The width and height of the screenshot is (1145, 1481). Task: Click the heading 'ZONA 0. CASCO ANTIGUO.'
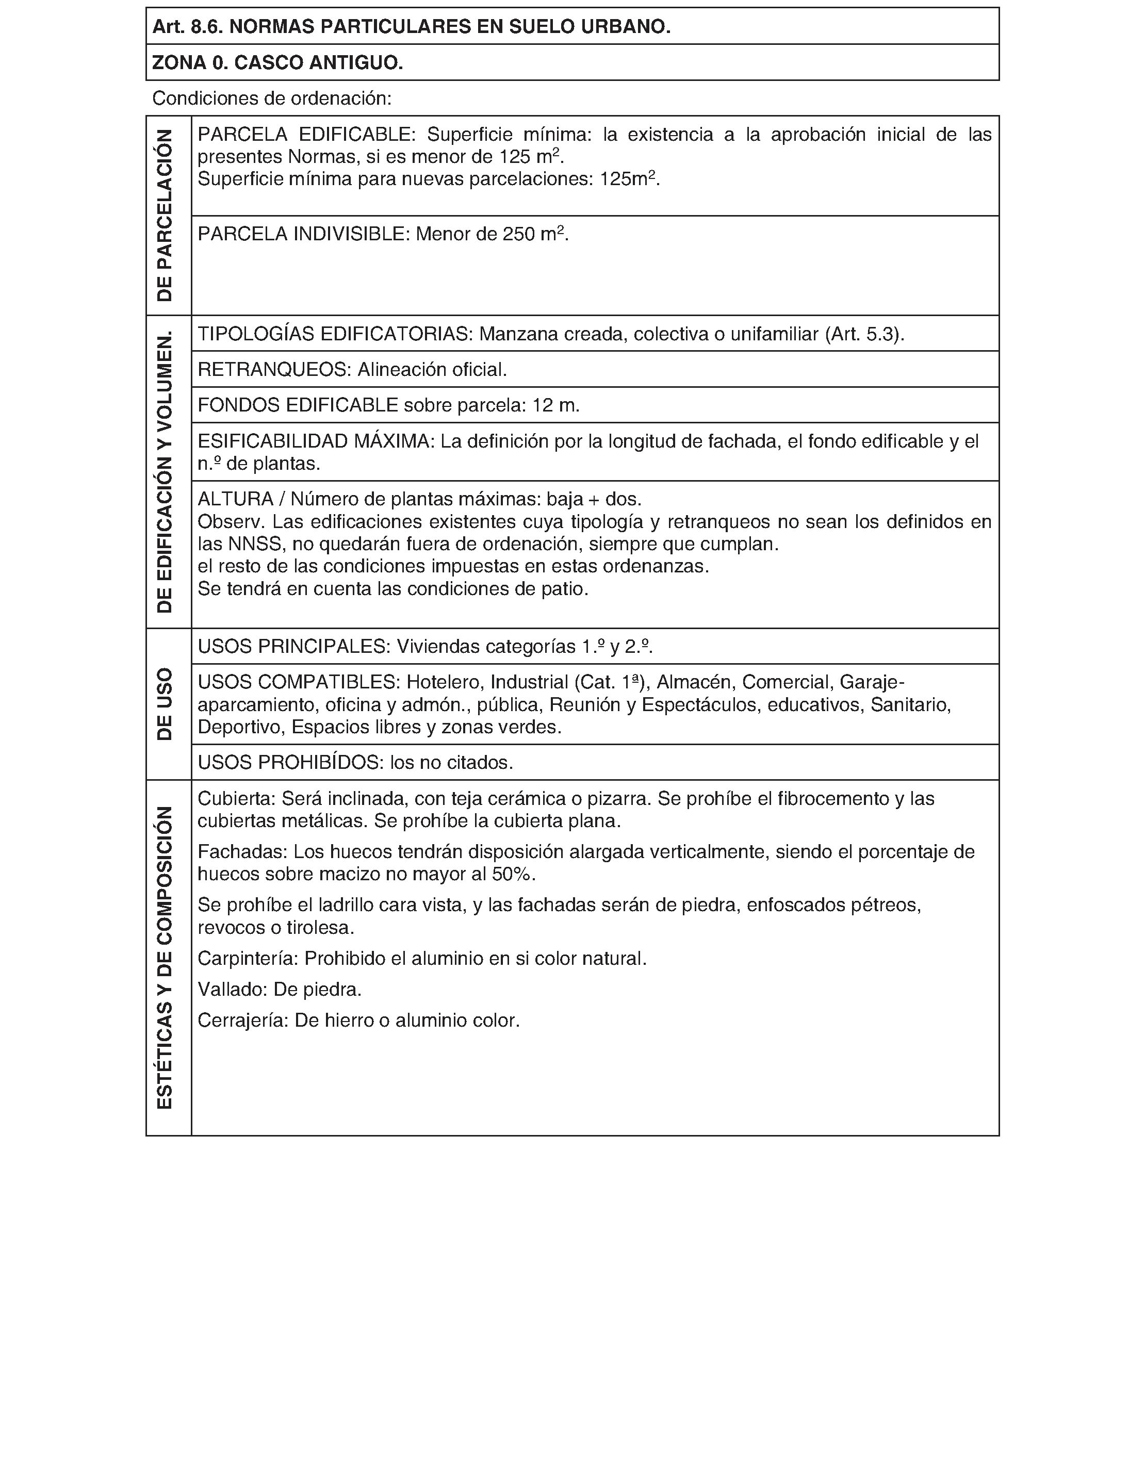(277, 63)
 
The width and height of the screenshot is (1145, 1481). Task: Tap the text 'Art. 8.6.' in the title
(188, 27)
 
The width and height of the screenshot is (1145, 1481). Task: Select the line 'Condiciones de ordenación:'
(272, 99)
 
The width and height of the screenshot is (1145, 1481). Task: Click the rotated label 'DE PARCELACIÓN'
(165, 216)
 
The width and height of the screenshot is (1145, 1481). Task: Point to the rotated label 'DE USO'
(165, 704)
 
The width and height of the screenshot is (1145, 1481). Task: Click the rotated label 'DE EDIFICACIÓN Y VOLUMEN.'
(165, 472)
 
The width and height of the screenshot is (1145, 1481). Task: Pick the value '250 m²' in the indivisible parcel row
(534, 234)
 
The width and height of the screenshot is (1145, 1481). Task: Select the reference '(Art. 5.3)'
(863, 334)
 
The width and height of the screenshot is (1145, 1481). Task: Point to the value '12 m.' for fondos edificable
(556, 405)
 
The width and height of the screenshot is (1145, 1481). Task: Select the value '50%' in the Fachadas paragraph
(512, 875)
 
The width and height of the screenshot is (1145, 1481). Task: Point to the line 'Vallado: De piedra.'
(280, 990)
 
